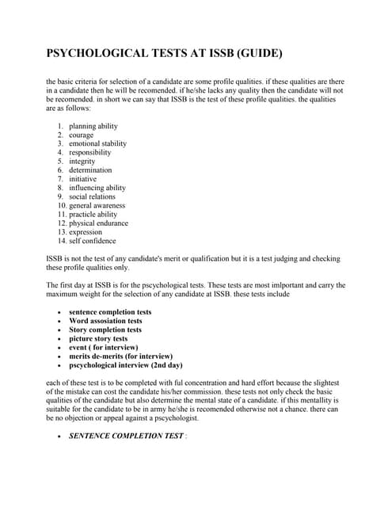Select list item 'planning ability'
(x=93, y=126)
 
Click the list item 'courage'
(x=81, y=135)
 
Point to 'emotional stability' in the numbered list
(x=97, y=143)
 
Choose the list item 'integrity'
(x=82, y=161)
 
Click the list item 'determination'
(x=90, y=170)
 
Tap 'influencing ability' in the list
(x=97, y=188)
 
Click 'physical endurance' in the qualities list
(x=98, y=223)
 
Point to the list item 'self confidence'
(x=92, y=241)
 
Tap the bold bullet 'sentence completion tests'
(x=110, y=312)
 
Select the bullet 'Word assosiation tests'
(x=105, y=321)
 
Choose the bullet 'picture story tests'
(x=98, y=338)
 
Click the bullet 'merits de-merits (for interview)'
(x=120, y=356)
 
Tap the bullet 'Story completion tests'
(x=105, y=330)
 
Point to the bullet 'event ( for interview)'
(x=104, y=347)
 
